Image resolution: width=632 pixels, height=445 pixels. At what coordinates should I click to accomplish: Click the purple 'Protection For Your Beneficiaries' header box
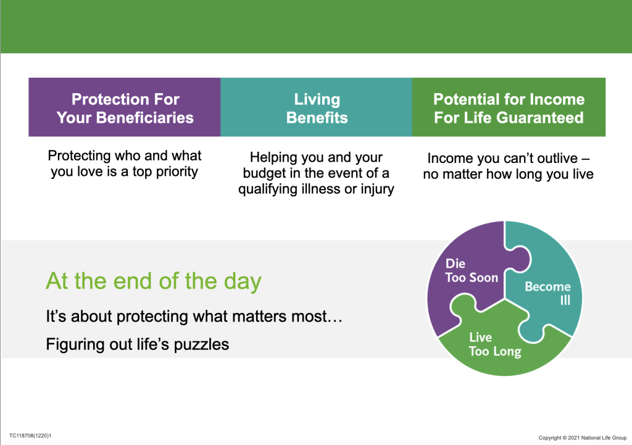tap(125, 107)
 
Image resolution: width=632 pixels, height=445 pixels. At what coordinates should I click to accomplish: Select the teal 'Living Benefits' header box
tap(317, 107)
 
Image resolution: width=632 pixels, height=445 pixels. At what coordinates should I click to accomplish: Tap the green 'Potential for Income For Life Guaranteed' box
tap(509, 107)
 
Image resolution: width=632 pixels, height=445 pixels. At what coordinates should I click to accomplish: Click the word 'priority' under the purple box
tap(177, 172)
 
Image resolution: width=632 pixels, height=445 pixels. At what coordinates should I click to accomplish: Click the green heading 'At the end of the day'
tap(154, 281)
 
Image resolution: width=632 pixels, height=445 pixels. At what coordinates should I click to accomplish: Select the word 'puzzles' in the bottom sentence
tap(201, 345)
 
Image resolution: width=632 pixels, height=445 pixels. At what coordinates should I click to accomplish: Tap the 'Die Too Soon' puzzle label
tap(472, 270)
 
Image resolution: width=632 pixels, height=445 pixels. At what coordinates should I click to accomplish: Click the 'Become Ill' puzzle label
tap(548, 293)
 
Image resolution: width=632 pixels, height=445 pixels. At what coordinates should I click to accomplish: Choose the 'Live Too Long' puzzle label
tap(495, 344)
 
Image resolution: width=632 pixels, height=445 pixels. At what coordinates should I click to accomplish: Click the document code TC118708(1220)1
tap(30, 436)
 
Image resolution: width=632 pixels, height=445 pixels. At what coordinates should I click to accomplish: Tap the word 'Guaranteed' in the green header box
tap(540, 118)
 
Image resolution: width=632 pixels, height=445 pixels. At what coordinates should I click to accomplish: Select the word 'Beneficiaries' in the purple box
tap(144, 118)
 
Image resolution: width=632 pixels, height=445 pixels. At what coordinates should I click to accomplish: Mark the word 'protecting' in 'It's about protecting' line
tap(152, 317)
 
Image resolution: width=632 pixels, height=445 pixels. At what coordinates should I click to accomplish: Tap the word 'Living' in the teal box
tap(317, 99)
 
